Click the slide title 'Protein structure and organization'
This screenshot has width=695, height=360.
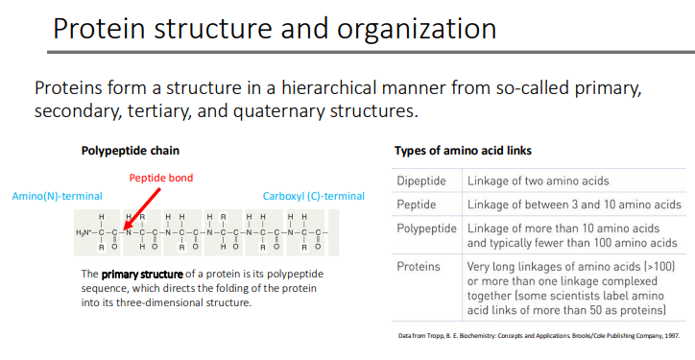(275, 28)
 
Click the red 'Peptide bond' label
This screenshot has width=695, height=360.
(162, 178)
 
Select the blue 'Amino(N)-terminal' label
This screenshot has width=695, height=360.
(57, 196)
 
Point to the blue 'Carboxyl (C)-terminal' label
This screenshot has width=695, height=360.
(314, 196)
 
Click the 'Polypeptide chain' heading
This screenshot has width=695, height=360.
(131, 151)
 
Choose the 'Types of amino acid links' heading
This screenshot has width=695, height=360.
(464, 151)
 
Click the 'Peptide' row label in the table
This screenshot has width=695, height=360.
(417, 204)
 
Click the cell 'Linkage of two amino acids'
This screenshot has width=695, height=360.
(538, 180)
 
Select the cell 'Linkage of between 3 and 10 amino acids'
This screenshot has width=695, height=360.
(574, 204)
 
